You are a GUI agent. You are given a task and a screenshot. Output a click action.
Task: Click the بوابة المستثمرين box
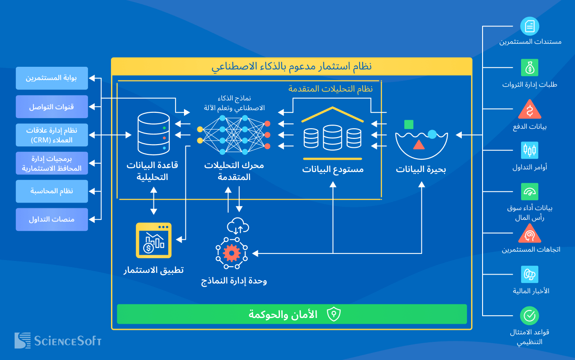pyautogui.click(x=52, y=78)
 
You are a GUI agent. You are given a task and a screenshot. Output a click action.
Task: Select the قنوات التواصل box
pyautogui.click(x=52, y=107)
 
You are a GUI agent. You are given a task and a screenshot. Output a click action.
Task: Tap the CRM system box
pyautogui.click(x=52, y=135)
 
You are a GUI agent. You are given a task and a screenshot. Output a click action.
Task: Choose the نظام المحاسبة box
pyautogui.click(x=52, y=191)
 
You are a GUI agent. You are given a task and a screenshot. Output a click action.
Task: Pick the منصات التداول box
pyautogui.click(x=52, y=219)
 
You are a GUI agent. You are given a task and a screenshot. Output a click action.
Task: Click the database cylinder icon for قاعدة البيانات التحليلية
pyautogui.click(x=153, y=131)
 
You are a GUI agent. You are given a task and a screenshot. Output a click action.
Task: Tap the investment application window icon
pyautogui.click(x=153, y=240)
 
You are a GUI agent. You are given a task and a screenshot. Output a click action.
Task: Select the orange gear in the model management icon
pyautogui.click(x=231, y=253)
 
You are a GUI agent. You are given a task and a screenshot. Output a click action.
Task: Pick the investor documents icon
pyautogui.click(x=529, y=26)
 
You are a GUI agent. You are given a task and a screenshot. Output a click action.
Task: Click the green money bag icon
pyautogui.click(x=529, y=68)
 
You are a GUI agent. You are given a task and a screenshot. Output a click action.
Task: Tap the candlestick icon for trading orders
pyautogui.click(x=529, y=150)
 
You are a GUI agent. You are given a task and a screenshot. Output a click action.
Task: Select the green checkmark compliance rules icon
pyautogui.click(x=529, y=316)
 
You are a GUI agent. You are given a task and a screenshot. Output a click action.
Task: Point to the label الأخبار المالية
pyautogui.click(x=531, y=291)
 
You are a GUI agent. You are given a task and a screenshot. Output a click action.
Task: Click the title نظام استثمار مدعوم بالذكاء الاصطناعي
pyautogui.click(x=291, y=67)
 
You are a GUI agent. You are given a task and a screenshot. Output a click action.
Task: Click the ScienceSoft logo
pyautogui.click(x=58, y=341)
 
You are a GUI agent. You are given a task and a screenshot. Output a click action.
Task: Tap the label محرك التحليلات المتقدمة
pyautogui.click(x=234, y=171)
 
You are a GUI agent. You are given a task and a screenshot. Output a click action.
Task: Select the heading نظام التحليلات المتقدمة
pyautogui.click(x=330, y=88)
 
